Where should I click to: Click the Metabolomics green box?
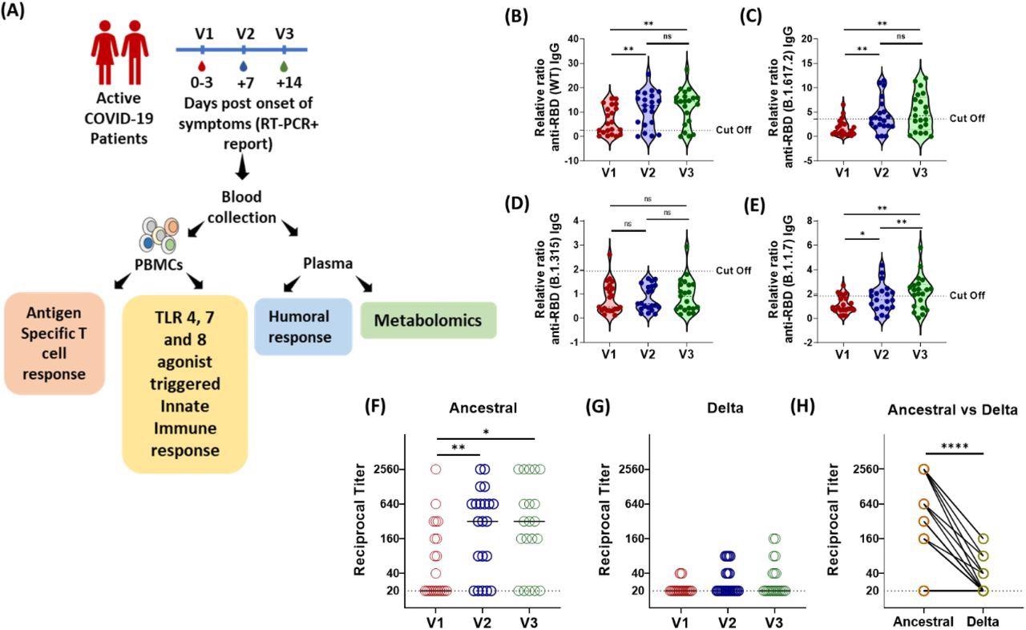pyautogui.click(x=429, y=321)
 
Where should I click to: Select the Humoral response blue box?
pyautogui.click(x=303, y=327)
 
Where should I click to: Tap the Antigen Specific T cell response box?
pyautogui.click(x=55, y=343)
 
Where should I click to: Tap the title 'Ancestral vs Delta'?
pyautogui.click(x=951, y=409)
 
